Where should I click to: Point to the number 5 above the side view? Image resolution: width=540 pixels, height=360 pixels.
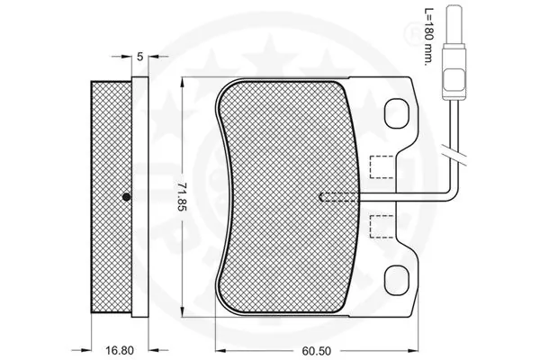point(140,56)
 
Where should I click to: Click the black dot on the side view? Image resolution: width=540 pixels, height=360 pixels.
point(126,197)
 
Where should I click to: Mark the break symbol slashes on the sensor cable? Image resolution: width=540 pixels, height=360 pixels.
point(456,155)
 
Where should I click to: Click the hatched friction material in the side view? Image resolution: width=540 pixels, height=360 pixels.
point(110,197)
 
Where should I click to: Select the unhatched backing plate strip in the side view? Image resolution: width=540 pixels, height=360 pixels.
point(140,197)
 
